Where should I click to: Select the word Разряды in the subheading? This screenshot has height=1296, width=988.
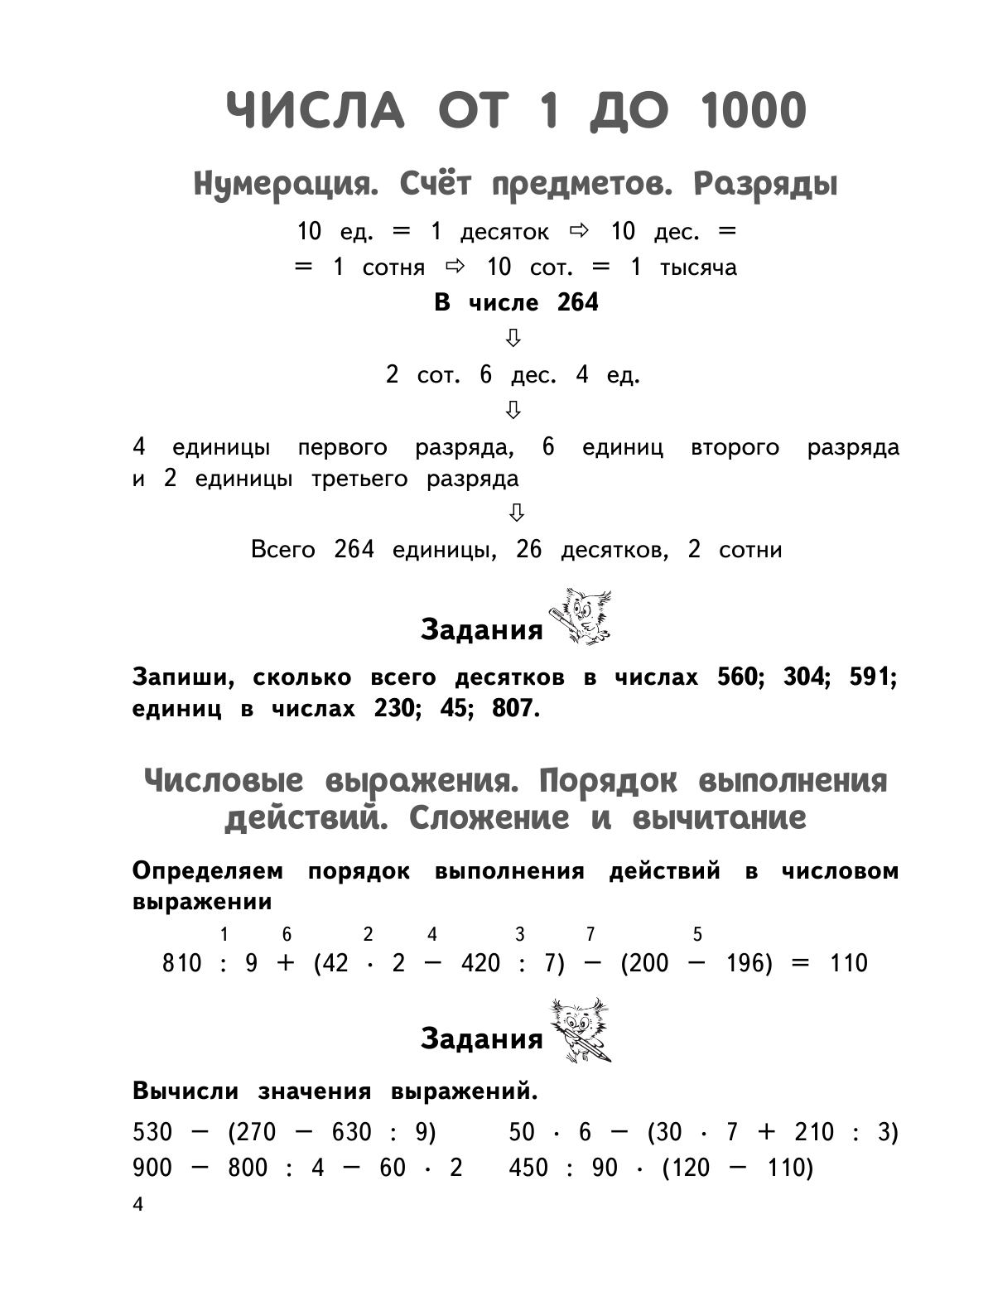765,184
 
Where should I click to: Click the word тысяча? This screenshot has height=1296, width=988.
698,267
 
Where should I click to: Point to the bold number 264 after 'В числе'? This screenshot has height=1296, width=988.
577,302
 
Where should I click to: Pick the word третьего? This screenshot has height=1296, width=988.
359,479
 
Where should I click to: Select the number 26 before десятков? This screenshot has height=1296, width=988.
528,550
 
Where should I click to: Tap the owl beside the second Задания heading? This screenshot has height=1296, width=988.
581,1029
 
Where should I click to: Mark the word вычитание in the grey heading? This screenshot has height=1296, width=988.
719,818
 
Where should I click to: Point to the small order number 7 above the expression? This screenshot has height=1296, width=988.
590,935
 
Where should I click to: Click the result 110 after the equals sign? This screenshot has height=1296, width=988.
848,963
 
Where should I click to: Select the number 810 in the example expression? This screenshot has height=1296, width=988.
182,963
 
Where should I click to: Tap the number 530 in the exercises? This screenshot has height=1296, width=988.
152,1132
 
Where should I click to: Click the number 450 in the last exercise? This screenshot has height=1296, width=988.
528,1168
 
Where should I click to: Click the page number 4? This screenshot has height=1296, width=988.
137,1205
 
